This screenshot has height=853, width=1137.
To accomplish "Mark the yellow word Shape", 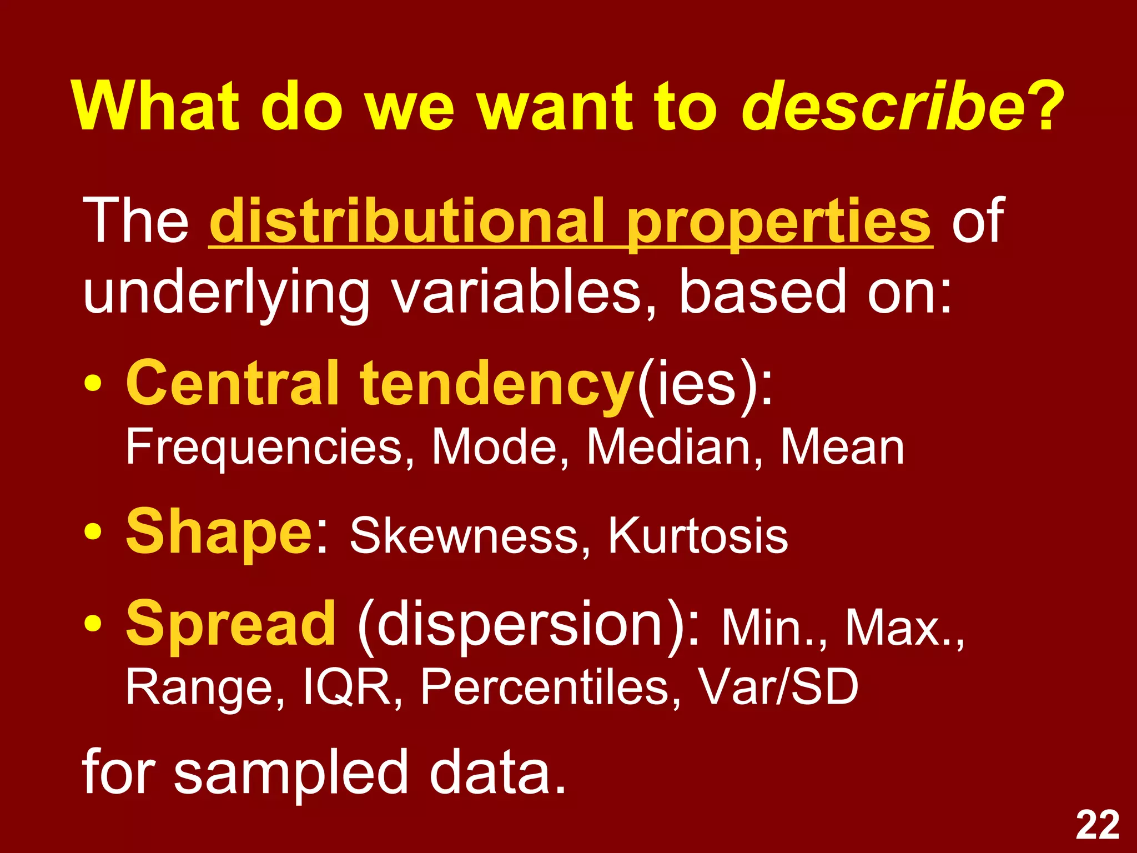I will (220, 533).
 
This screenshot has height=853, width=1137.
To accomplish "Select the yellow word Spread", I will (231, 625).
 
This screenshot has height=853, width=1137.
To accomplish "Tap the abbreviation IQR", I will (348, 688).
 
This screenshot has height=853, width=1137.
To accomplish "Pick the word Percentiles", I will (550, 688).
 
